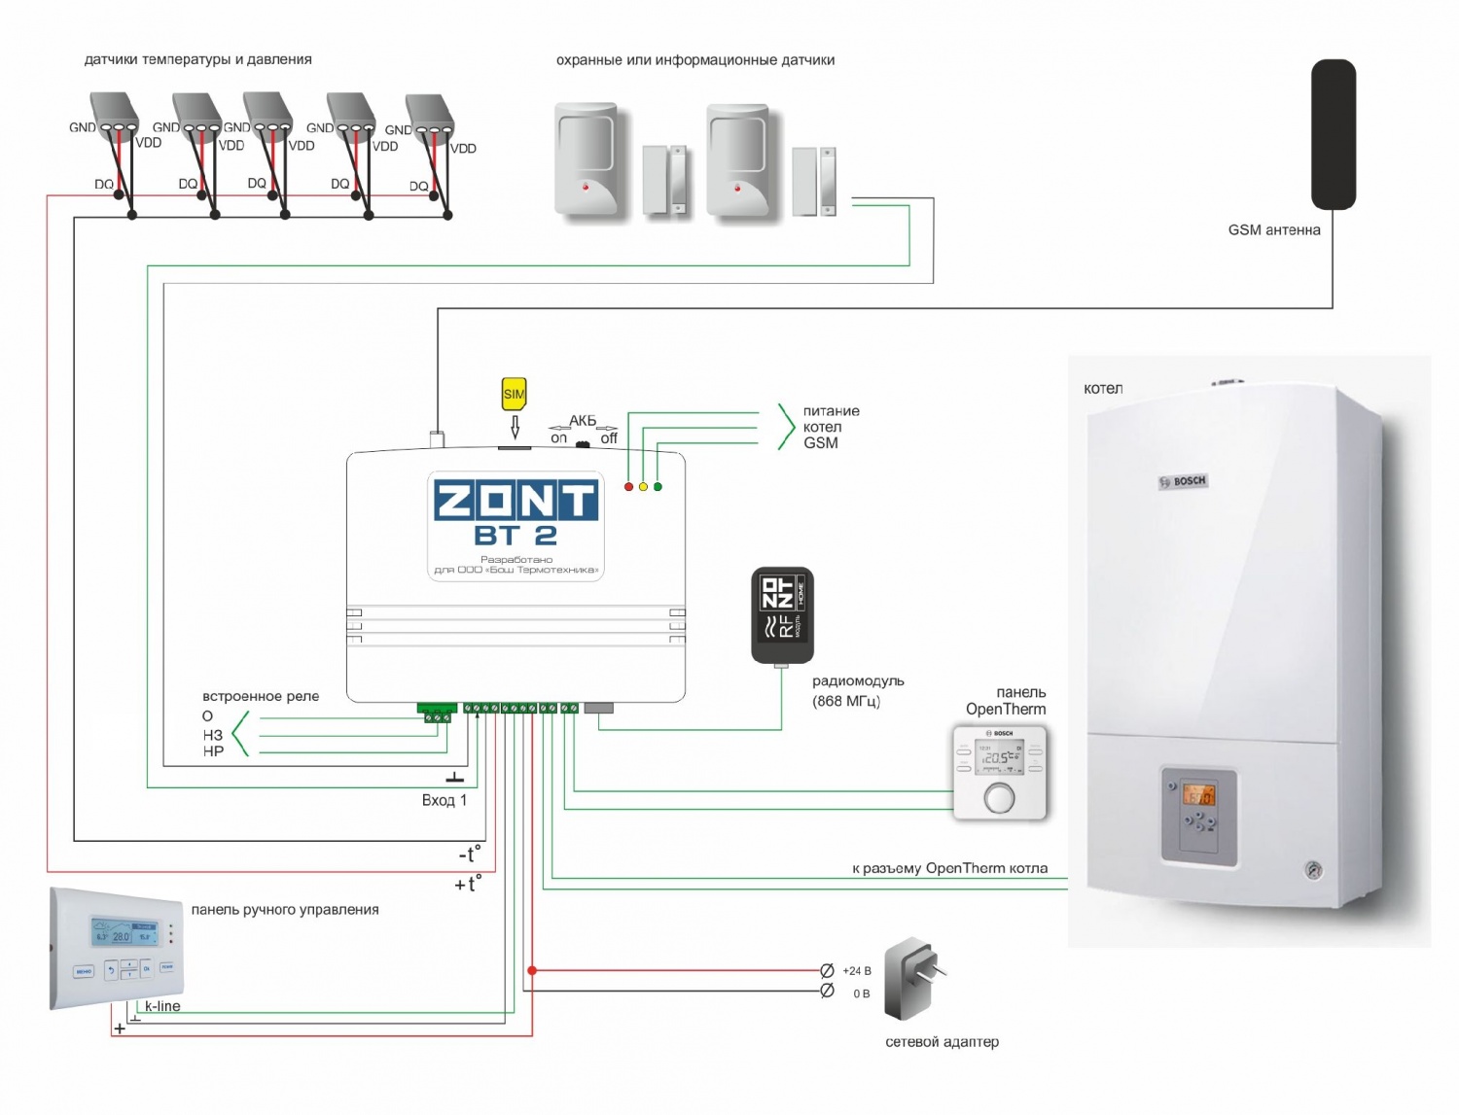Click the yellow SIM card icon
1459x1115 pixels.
tap(514, 394)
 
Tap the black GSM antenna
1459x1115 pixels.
tap(1333, 134)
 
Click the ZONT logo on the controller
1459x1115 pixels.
tap(516, 501)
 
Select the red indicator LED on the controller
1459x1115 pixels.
tap(628, 486)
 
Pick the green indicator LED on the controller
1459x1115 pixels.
tap(658, 486)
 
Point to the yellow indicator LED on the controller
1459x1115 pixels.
tap(643, 486)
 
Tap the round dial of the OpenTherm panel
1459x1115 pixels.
tap(999, 798)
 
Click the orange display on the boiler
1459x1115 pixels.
tap(1197, 796)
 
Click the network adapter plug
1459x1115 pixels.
tap(913, 978)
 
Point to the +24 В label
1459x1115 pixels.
tap(857, 971)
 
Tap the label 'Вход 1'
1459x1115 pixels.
tap(445, 800)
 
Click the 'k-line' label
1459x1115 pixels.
tap(162, 1006)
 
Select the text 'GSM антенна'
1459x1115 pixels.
tap(1274, 230)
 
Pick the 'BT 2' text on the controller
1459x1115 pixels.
tap(516, 536)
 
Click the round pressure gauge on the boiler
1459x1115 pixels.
tap(1314, 870)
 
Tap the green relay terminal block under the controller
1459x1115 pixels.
tap(437, 713)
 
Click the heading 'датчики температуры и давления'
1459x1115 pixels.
tap(198, 59)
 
